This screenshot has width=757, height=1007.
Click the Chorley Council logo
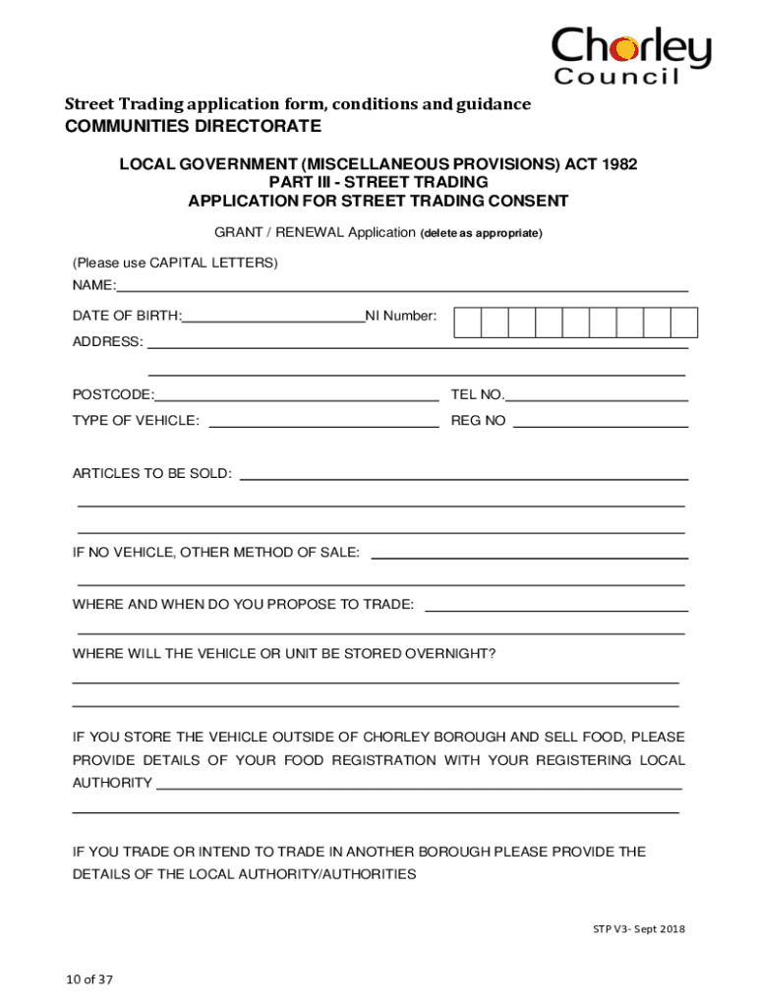coord(629,56)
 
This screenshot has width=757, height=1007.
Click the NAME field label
coord(93,286)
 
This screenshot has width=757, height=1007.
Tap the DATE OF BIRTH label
coord(127,316)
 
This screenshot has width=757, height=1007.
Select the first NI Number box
coord(469,322)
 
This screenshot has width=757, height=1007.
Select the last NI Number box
coord(683,322)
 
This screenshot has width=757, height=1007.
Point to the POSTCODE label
coord(113,394)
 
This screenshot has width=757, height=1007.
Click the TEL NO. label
coord(478,394)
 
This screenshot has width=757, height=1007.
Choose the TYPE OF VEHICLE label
coord(136,421)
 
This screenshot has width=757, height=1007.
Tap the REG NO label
coord(478,421)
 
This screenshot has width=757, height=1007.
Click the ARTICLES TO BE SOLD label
coord(152,473)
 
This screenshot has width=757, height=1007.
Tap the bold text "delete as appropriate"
coord(481,234)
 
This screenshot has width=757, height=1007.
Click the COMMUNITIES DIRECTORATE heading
coord(193,127)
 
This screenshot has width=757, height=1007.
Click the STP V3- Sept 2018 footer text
coord(638,928)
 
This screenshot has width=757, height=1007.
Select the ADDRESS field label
coord(107,342)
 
